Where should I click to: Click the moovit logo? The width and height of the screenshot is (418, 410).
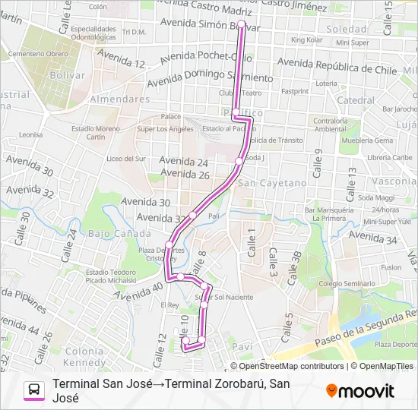pyautogui.click(x=359, y=391)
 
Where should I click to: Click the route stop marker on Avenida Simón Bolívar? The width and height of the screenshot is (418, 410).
pyautogui.click(x=242, y=24)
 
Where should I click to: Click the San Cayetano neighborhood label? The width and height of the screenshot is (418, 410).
pyautogui.click(x=262, y=183)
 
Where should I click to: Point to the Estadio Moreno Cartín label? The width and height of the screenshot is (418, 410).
pyautogui.click(x=96, y=133)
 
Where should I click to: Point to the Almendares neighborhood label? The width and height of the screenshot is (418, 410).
pyautogui.click(x=119, y=99)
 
